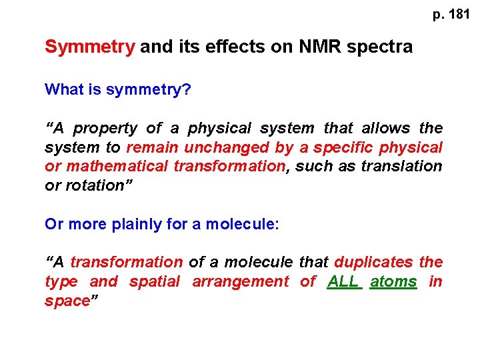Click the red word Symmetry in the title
pyautogui.click(x=89, y=47)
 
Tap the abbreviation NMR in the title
pyautogui.click(x=314, y=47)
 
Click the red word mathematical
pyautogui.click(x=117, y=166)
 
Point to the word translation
pyautogui.click(x=401, y=166)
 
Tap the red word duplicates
pyautogui.click(x=373, y=263)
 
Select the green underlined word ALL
pyautogui.click(x=344, y=281)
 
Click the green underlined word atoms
pyautogui.click(x=393, y=281)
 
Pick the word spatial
pyautogui.click(x=154, y=281)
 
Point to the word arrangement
pyautogui.click(x=241, y=281)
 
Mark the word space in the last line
pyautogui.click(x=67, y=301)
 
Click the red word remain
pyautogui.click(x=153, y=147)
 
